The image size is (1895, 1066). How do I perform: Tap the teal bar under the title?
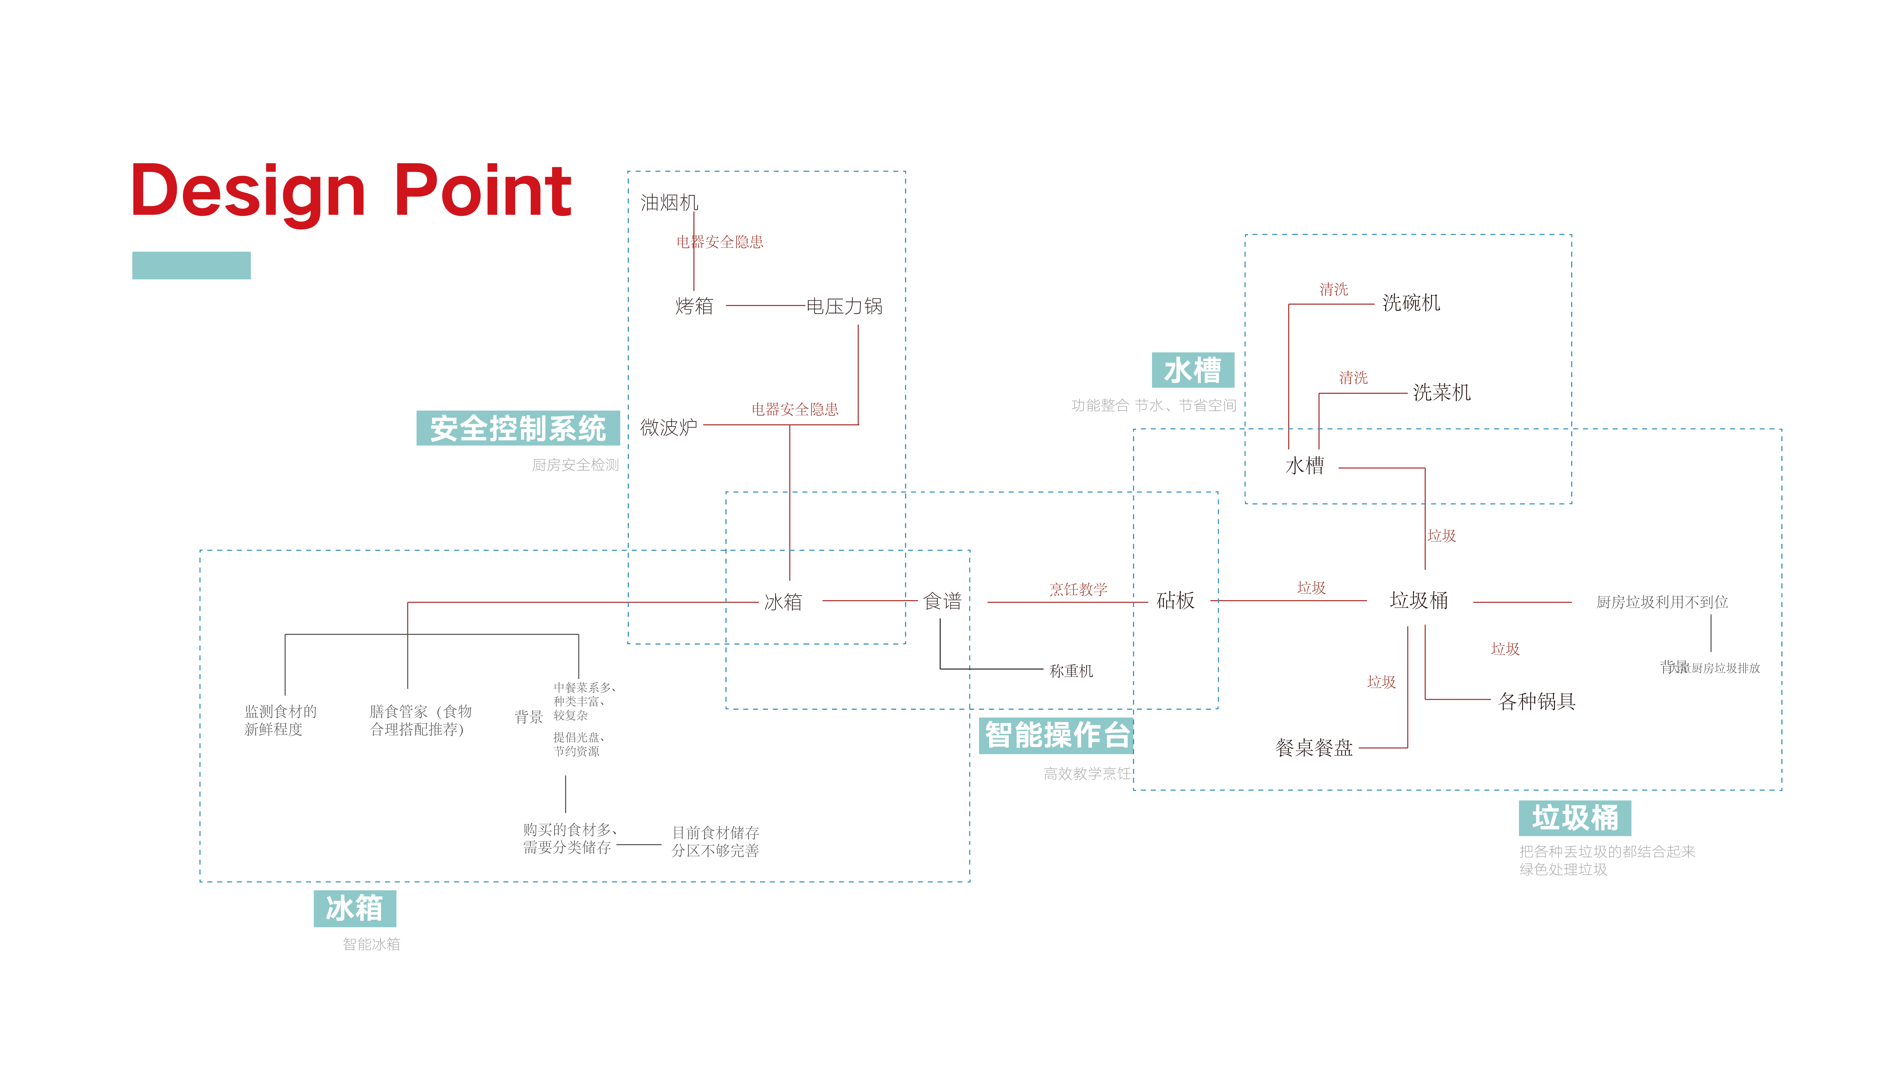[191, 266]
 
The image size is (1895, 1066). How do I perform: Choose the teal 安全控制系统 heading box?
[518, 428]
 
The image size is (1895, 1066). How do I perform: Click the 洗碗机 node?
[1411, 302]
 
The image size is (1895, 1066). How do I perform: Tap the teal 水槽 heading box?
[1193, 370]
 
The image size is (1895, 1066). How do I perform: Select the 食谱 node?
[942, 601]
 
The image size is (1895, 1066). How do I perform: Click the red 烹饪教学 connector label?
[1078, 589]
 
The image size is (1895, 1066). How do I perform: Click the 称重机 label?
[1071, 671]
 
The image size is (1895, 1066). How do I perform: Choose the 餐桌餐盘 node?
[1314, 748]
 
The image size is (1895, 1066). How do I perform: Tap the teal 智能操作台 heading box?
[1057, 735]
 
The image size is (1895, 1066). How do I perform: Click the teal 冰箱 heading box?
[355, 908]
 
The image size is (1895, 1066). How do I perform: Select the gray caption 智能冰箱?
[372, 944]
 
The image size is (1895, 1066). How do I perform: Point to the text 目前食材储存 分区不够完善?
[715, 842]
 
